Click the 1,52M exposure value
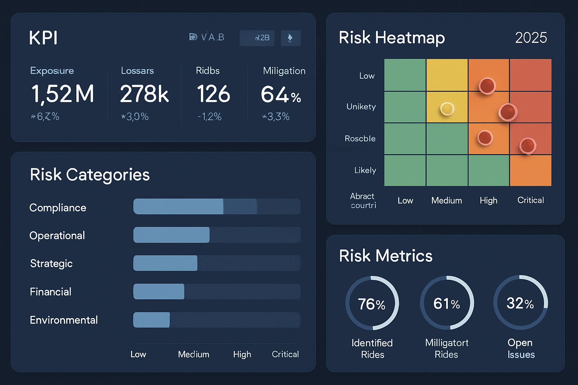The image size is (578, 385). (x=62, y=94)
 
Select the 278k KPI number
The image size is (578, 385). (x=144, y=94)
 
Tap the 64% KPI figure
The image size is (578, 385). (x=281, y=94)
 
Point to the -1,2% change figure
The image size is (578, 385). (x=210, y=117)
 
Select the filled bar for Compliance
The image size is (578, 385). (x=178, y=206)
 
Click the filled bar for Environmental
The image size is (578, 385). (x=151, y=320)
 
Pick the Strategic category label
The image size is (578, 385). (x=51, y=264)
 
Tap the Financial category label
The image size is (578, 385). (x=50, y=292)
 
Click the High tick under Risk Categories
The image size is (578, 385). (x=242, y=354)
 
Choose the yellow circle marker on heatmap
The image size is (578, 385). (x=447, y=109)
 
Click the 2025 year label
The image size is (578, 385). (x=531, y=38)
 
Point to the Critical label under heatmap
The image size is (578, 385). (x=531, y=200)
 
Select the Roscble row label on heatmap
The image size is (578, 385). (x=360, y=138)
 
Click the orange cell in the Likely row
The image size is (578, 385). (x=531, y=170)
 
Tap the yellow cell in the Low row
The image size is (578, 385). (x=447, y=75)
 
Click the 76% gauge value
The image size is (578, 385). (x=372, y=304)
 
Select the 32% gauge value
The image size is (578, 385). (x=520, y=303)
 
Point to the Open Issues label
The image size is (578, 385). (x=521, y=349)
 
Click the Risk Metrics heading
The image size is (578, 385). (x=386, y=256)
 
